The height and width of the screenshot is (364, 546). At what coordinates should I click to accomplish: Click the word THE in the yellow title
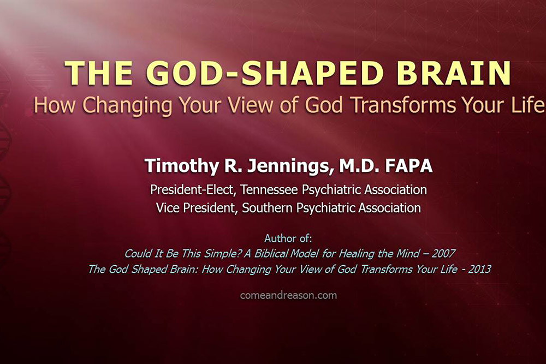pos(98,73)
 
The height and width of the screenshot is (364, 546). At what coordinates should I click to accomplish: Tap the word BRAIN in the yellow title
pos(454,73)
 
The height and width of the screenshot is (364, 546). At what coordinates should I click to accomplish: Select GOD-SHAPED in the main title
pos(267,73)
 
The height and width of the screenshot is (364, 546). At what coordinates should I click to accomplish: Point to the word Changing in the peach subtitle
pos(127,105)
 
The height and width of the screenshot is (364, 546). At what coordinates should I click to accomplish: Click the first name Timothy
pos(182,166)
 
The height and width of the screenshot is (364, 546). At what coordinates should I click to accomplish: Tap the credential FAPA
pos(408,166)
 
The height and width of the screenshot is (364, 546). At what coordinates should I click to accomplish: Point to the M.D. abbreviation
pos(359,166)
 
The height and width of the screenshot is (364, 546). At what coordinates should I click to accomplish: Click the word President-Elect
pos(192,190)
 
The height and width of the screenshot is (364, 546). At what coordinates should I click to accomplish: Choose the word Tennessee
pos(269,190)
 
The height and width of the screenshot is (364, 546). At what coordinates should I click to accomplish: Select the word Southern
pos(267,208)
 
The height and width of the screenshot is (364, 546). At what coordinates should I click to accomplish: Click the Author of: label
pos(288,238)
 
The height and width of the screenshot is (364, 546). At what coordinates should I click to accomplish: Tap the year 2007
pos(443,253)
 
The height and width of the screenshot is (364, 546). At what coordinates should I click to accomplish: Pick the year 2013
pos(479,269)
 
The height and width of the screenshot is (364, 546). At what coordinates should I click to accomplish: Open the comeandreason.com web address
pos(288,295)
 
